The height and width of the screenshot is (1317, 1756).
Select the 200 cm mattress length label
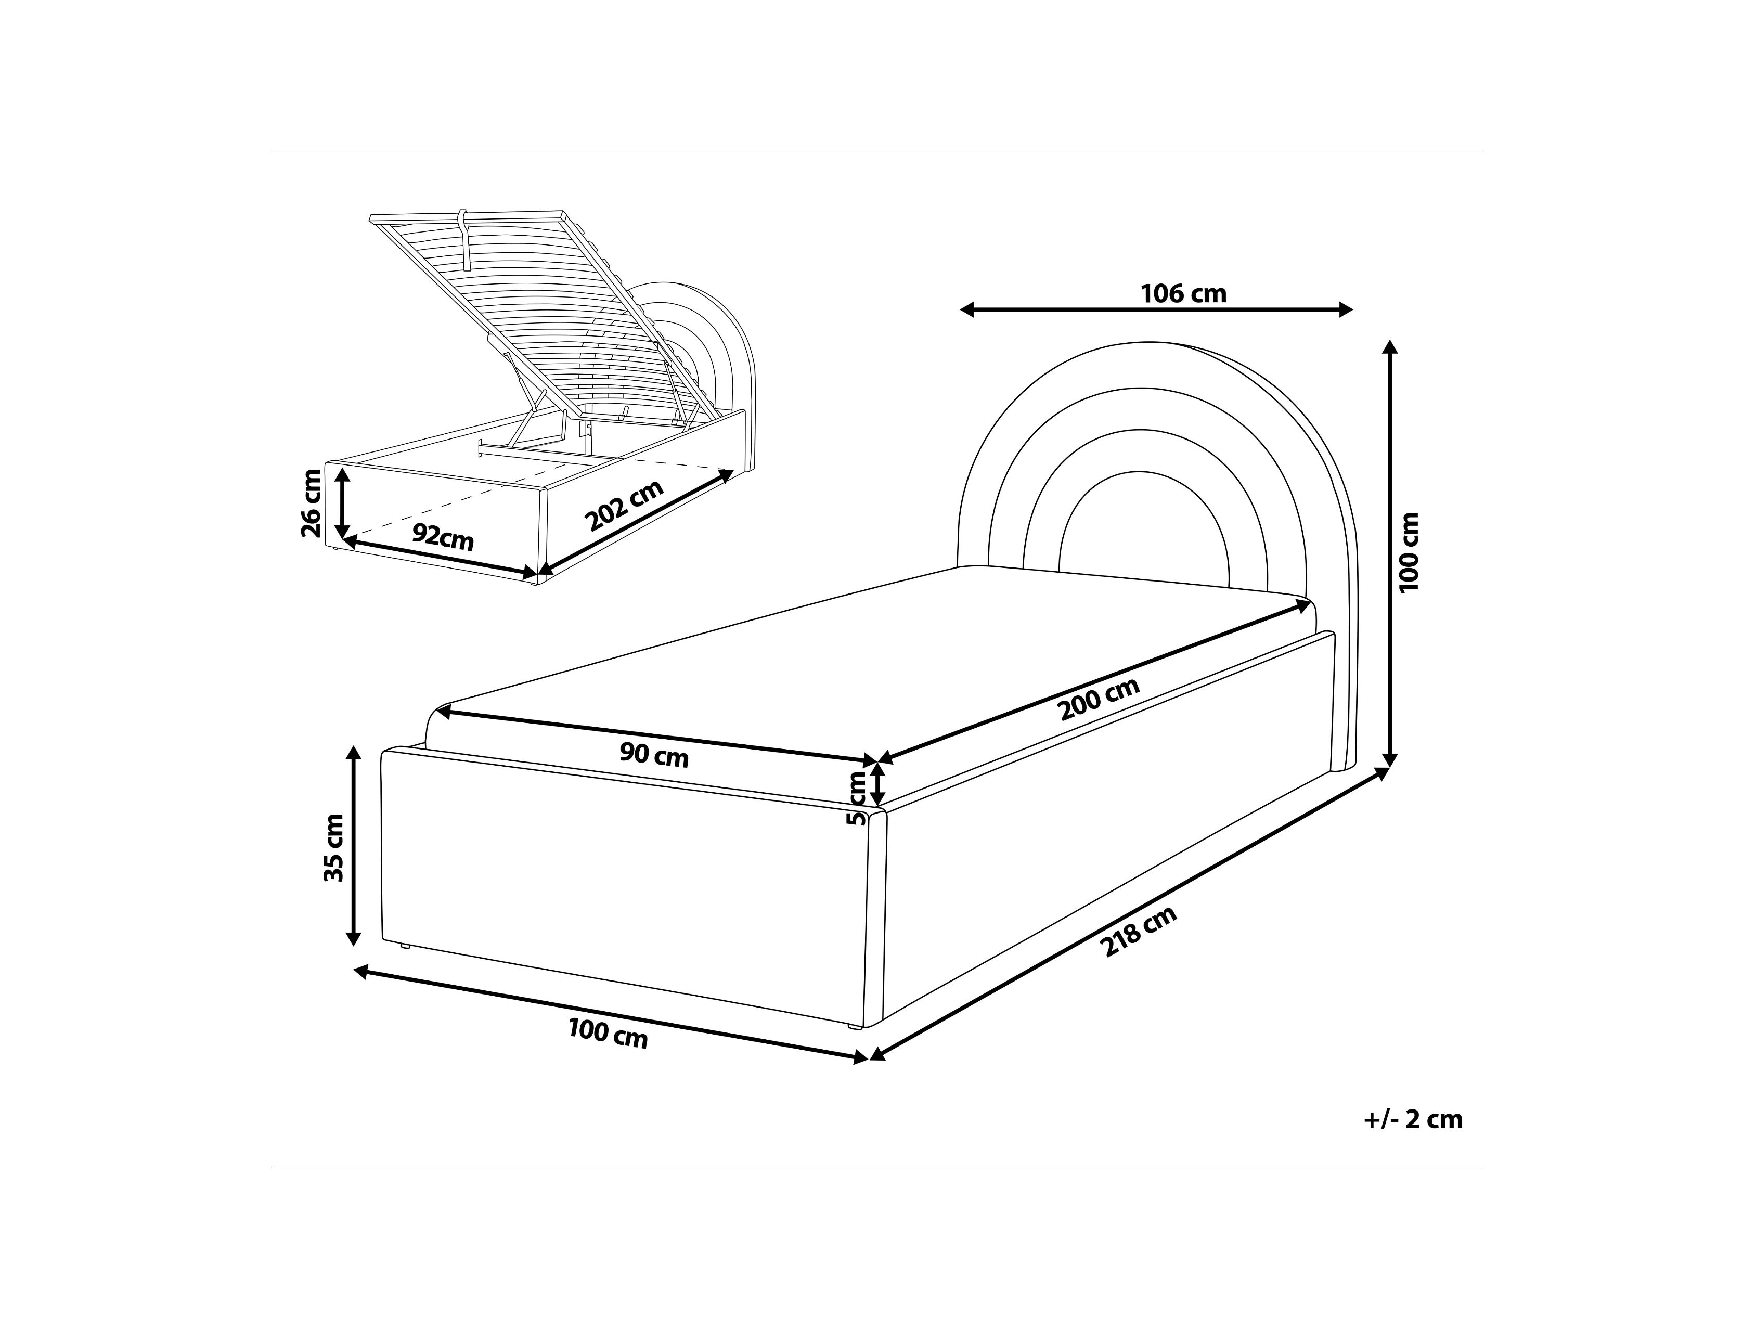pos(1100,699)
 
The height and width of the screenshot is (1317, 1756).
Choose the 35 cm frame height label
pos(334,848)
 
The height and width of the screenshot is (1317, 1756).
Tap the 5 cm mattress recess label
pos(857,798)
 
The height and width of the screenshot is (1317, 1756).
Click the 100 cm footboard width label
pos(608,1034)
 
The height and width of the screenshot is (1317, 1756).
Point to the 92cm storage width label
pos(443,537)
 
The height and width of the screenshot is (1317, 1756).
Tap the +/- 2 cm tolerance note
pos(1413,1119)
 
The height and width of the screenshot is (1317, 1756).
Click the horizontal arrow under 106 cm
pos(1156,309)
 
